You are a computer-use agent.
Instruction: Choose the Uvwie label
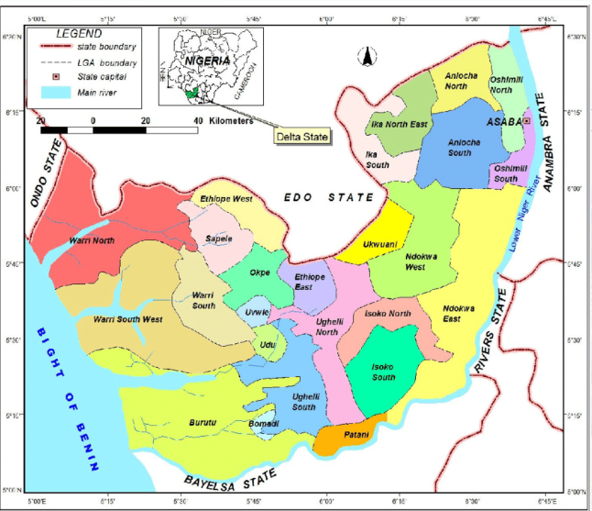pyautogui.click(x=259, y=312)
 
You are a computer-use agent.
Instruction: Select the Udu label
pyautogui.click(x=268, y=344)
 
